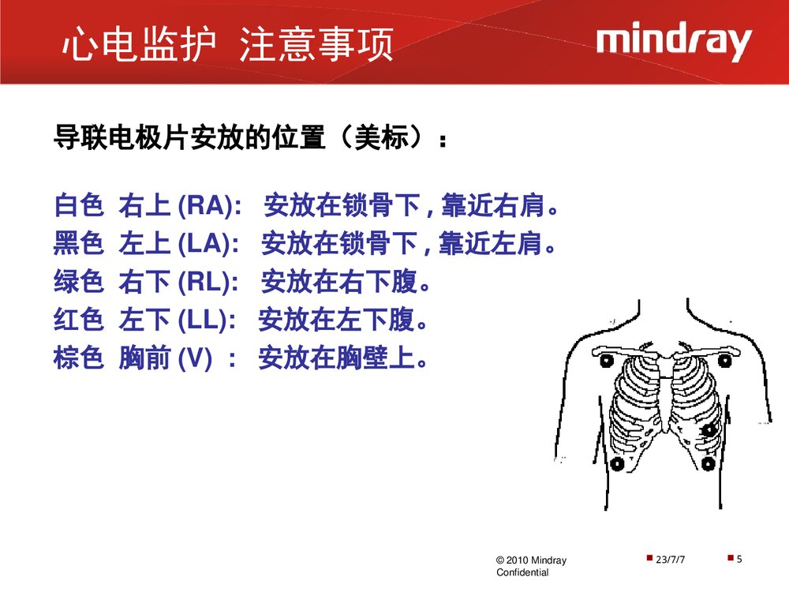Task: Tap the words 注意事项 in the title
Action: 316,44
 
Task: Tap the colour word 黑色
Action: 78,245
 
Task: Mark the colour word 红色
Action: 78,320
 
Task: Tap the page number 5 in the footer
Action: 739,560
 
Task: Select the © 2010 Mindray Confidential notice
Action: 530,566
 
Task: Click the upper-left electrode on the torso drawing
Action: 607,362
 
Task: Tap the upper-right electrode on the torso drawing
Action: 724,361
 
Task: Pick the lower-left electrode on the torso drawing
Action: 617,463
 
